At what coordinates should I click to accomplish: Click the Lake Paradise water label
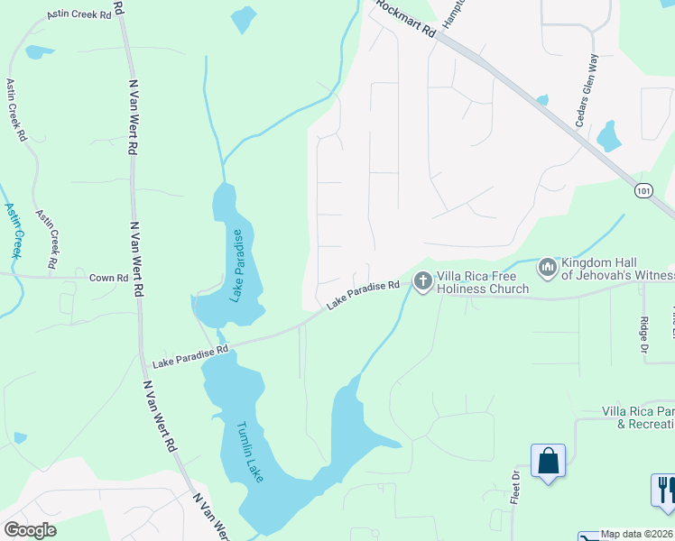(237, 265)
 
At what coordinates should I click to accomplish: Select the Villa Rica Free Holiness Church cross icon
(421, 282)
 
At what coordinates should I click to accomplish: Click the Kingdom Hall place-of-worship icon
(547, 268)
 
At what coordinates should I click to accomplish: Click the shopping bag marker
(548, 463)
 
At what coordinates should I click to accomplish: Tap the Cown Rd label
(108, 278)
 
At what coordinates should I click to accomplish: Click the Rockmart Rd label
(404, 18)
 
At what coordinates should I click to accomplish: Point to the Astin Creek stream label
(14, 231)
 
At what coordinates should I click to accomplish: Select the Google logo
(30, 530)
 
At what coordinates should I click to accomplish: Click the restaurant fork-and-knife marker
(663, 490)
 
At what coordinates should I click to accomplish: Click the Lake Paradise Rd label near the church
(363, 295)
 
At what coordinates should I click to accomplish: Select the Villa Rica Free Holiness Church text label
(482, 282)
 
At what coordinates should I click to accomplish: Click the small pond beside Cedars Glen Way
(609, 135)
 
